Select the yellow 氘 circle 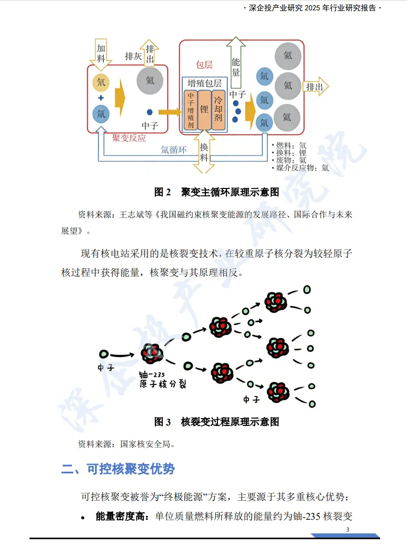tap(101, 82)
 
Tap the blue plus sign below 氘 tap(101, 98)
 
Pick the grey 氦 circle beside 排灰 tap(150, 81)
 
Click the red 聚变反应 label tap(128, 138)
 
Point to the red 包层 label tap(204, 65)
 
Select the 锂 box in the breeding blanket tap(204, 110)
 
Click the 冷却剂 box tap(218, 110)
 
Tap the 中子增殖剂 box tap(191, 110)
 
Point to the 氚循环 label tap(173, 149)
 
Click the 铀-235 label tap(152, 374)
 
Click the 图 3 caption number tap(163, 422)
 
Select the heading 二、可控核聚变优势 tap(118, 469)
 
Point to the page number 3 tap(348, 530)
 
